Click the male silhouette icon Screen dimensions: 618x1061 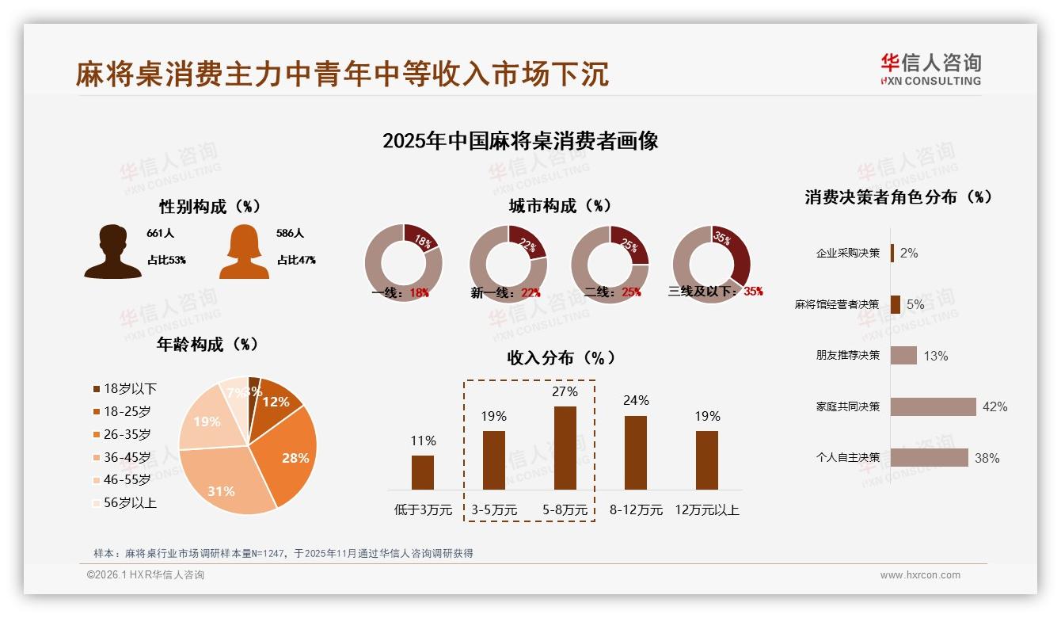point(113,252)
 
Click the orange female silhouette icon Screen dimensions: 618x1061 point(244,252)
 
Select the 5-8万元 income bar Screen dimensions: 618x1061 point(565,448)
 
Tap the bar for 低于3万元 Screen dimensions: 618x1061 point(423,472)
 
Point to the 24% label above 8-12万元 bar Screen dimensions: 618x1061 point(636,401)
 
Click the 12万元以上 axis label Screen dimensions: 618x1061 point(707,510)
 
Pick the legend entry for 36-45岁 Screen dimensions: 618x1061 point(127,457)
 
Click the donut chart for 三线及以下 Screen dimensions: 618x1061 point(710,263)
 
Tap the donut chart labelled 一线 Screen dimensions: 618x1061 point(403,263)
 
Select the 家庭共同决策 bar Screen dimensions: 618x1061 point(933,406)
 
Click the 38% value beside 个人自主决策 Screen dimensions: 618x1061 point(987,458)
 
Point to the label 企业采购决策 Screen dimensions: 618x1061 point(847,254)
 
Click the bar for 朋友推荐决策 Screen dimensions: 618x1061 point(903,356)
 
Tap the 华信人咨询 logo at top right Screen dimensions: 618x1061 point(930,69)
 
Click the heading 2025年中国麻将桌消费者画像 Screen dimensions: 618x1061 point(520,142)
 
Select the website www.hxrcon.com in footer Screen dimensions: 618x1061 point(920,575)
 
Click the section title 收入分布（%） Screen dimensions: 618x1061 point(561,358)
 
